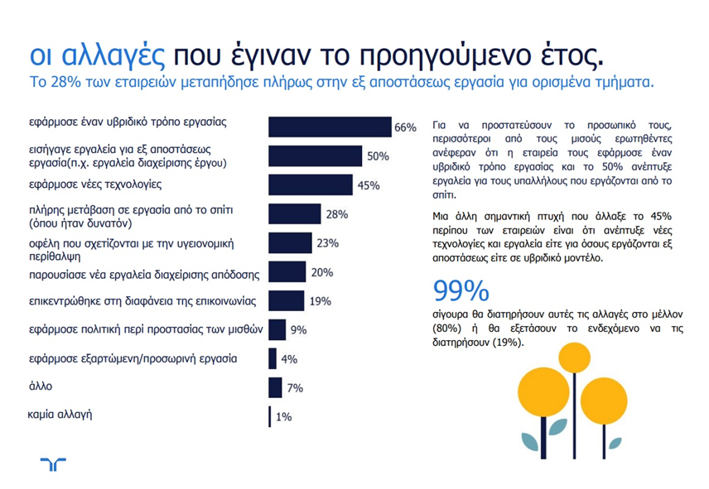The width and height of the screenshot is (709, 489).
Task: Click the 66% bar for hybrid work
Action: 330,127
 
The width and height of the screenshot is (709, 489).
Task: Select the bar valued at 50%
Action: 316,156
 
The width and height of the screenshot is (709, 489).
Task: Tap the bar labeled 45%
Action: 311,185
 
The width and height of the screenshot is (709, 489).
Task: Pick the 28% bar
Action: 295,214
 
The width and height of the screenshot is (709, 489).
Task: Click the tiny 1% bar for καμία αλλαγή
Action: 270,416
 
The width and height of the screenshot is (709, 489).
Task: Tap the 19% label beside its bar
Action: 321,301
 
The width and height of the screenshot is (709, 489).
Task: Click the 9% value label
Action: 298,330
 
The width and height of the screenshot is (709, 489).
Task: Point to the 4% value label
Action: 289,359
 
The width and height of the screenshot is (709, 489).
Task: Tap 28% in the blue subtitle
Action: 69,84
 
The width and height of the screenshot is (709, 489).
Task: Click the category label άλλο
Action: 41,385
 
